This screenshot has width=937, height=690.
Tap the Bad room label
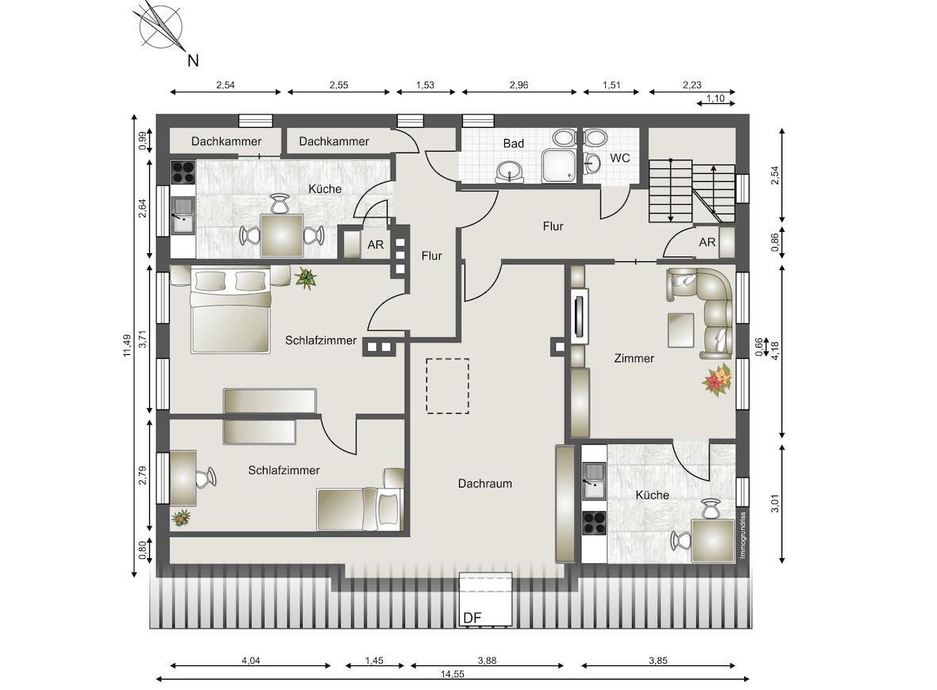pos(513,144)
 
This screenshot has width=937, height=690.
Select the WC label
pos(619,158)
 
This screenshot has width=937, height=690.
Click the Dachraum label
pos(484,484)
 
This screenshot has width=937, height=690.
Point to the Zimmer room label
pos(634,358)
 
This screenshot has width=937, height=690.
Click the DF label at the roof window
pos(472,618)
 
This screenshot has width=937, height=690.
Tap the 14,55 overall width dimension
pos(453,674)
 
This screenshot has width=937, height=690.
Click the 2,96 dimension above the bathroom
pos(519,85)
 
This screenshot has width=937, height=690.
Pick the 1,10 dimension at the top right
pos(715,98)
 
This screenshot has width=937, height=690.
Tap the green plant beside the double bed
pos(306,278)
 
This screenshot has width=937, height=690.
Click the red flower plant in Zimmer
pos(718,380)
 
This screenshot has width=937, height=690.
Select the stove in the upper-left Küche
pos(183,172)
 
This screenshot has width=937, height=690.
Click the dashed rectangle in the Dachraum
pos(448,386)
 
